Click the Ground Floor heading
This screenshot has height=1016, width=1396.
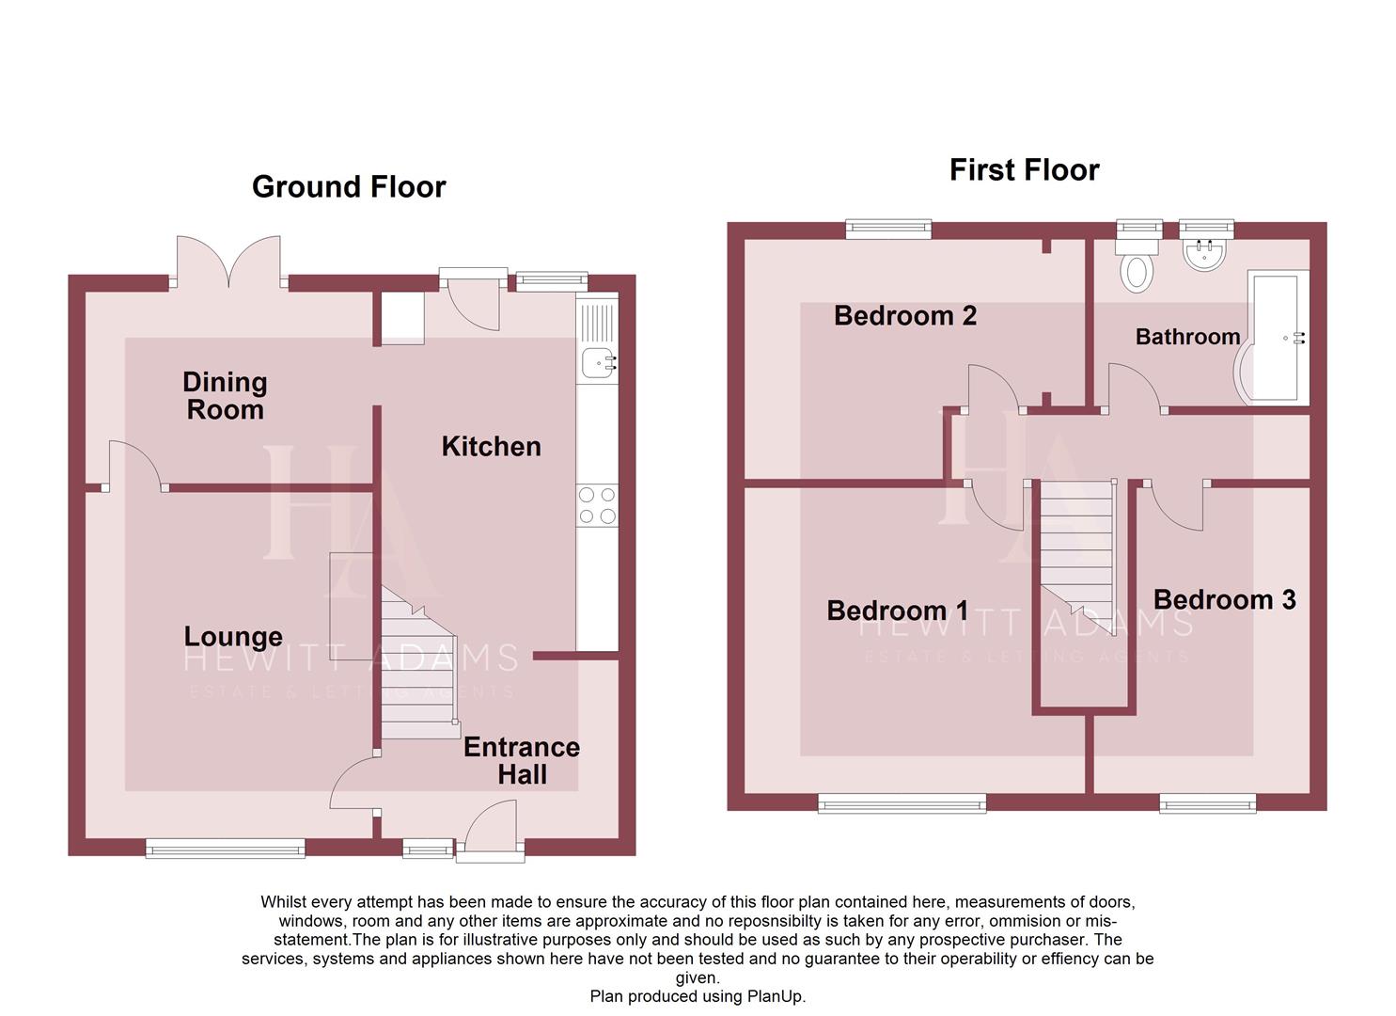(349, 187)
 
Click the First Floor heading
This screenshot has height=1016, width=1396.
(1024, 170)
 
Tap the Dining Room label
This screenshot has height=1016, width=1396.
(225, 396)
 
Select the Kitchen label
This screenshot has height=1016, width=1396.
(491, 447)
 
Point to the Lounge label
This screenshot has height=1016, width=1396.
(233, 637)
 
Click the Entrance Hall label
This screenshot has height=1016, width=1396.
(522, 760)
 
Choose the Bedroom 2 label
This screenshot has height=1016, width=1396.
(904, 316)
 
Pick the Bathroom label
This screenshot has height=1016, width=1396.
(1187, 337)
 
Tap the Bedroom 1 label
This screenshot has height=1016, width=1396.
(897, 611)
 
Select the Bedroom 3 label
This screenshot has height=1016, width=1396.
(1224, 600)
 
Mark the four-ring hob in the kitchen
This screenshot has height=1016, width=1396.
(597, 505)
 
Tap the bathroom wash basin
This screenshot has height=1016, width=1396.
(1204, 252)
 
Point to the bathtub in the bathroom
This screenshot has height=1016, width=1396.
(1275, 338)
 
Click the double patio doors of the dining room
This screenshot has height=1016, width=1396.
(228, 261)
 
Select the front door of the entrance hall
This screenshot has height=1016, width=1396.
(491, 833)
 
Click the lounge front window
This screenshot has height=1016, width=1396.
(226, 849)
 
